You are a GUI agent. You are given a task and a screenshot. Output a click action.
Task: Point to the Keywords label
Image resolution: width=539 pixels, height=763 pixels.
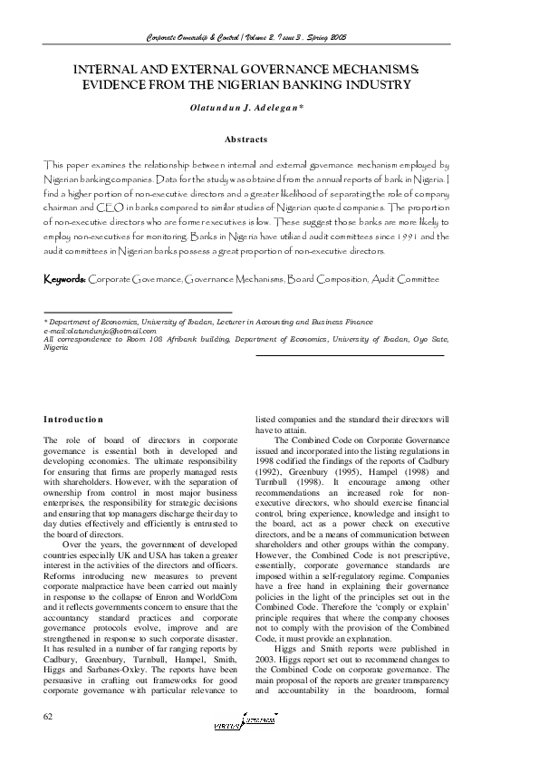click(x=65, y=279)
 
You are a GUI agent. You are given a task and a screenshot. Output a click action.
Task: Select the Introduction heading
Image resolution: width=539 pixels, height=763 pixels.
click(x=73, y=419)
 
